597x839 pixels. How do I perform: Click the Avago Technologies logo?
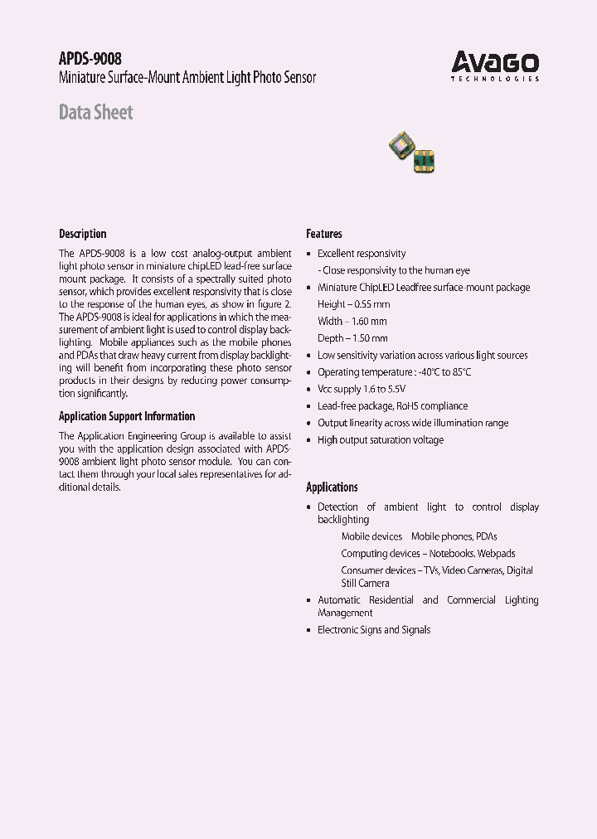495,65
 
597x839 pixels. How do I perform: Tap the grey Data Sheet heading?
95,112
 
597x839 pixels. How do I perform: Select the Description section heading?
82,234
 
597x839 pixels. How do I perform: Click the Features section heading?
323,234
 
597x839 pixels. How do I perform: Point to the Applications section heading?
332,487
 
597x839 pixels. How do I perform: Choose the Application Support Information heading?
127,416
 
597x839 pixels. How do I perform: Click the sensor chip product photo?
413,151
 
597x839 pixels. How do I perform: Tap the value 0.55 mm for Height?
371,304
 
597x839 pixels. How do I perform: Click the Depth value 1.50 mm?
369,338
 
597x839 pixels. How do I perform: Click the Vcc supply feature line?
362,389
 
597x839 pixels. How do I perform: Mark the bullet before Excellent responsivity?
309,254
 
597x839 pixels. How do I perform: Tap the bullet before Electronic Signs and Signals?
309,630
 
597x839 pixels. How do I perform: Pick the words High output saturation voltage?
381,440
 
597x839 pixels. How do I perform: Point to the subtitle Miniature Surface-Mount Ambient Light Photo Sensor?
187,78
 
